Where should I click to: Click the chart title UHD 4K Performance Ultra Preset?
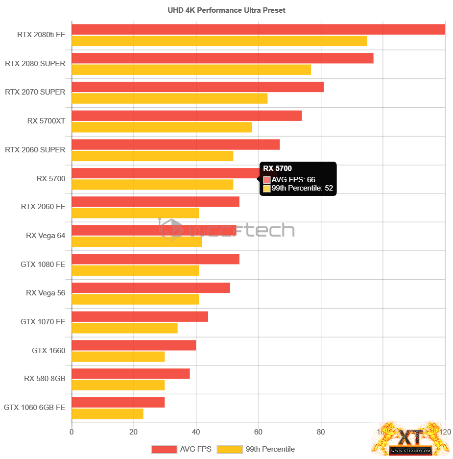click(226, 10)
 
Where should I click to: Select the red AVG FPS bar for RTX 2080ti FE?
click(258, 29)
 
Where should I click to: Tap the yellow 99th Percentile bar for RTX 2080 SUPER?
click(191, 70)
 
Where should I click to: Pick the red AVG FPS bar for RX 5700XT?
click(187, 116)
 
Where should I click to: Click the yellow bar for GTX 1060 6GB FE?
click(107, 414)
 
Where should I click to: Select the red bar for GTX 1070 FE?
click(140, 316)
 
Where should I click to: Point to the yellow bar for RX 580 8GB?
click(118, 385)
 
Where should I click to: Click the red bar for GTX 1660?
click(134, 345)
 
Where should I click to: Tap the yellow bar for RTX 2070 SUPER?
click(169, 98)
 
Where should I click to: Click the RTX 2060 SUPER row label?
click(35, 150)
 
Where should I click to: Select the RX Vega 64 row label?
click(46, 236)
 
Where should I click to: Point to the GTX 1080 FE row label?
click(43, 265)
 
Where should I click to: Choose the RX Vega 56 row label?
click(46, 293)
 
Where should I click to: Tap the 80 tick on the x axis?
click(320, 432)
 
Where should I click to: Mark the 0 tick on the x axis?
click(72, 432)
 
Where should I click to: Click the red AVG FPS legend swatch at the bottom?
click(164, 449)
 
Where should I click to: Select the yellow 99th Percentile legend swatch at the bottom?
click(230, 449)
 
